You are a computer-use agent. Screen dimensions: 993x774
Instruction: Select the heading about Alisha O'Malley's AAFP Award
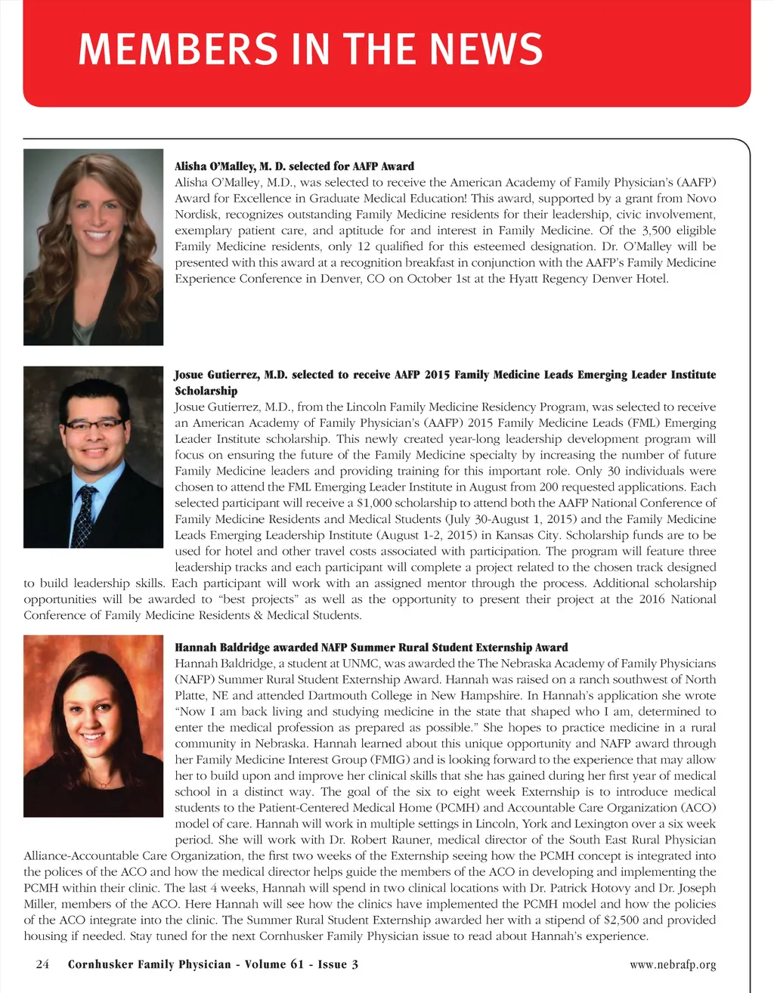pyautogui.click(x=294, y=166)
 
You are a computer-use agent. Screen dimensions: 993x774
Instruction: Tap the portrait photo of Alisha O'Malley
pyautogui.click(x=94, y=247)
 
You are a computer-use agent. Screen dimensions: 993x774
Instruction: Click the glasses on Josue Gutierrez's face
pyautogui.click(x=94, y=424)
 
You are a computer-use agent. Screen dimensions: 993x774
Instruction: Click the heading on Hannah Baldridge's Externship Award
pyautogui.click(x=371, y=648)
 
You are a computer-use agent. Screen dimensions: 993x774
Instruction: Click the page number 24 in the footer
pyautogui.click(x=42, y=964)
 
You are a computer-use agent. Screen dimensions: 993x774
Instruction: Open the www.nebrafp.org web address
pyautogui.click(x=672, y=965)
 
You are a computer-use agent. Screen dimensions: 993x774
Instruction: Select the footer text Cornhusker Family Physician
pyautogui.click(x=149, y=964)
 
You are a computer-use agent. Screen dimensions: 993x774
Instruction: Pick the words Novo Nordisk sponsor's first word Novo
pyautogui.click(x=701, y=199)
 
